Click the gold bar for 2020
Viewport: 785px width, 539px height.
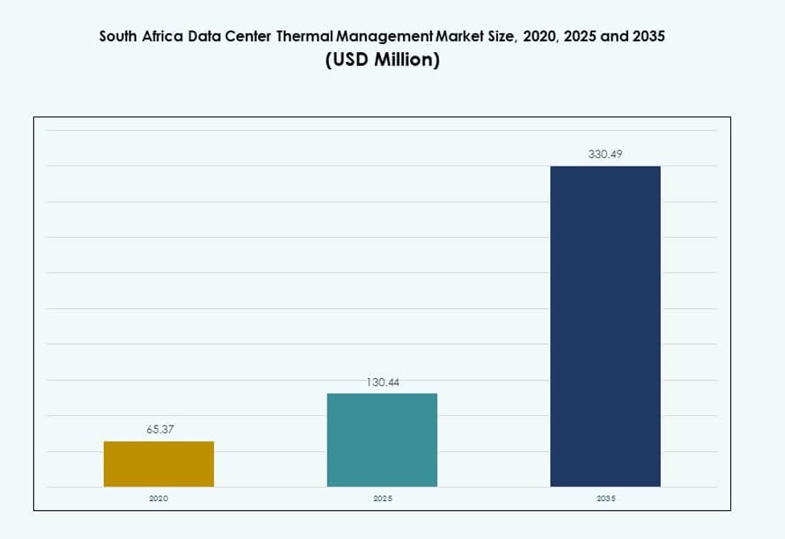click(158, 464)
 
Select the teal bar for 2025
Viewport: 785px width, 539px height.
click(382, 440)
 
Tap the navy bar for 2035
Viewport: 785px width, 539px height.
click(605, 326)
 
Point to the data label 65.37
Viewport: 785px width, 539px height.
click(159, 430)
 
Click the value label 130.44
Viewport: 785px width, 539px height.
click(382, 382)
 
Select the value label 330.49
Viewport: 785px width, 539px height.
click(605, 154)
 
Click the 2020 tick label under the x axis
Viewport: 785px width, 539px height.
click(158, 499)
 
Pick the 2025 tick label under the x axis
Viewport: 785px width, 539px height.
click(382, 499)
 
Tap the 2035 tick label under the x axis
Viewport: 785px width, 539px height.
click(605, 499)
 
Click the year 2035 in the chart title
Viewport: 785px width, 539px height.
click(649, 37)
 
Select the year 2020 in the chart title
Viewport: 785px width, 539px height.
click(538, 37)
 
